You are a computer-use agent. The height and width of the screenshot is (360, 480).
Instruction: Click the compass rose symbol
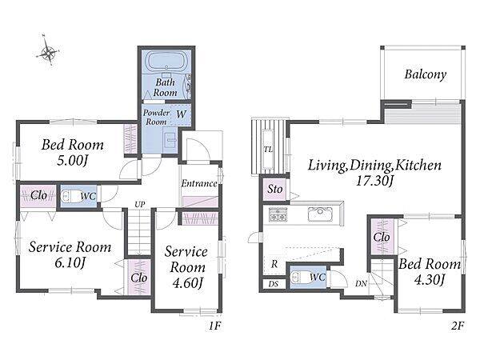coord(48,52)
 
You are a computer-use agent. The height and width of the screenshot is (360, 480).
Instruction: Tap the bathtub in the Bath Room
coord(166,62)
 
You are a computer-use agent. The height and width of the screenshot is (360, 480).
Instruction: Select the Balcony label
coord(426,74)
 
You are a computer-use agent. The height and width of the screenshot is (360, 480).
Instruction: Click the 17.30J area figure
coord(374,181)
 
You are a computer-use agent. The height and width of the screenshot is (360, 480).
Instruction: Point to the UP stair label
coord(140,204)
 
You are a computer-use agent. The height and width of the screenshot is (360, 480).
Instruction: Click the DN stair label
coord(362,284)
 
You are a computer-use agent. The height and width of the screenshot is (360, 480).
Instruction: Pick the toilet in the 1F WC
coord(70,196)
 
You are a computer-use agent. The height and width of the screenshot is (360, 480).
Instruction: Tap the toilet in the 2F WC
coord(299,278)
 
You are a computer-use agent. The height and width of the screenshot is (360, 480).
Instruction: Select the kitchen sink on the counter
coord(320,214)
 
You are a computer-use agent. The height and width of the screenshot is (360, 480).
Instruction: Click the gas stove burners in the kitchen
coord(278,214)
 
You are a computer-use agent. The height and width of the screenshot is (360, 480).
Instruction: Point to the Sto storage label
coord(275,189)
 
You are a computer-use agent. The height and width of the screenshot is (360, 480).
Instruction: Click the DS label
coord(274,284)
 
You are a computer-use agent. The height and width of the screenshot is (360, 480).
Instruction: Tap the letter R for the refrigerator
coord(274,263)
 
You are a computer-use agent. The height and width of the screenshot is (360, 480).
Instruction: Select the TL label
coord(268,150)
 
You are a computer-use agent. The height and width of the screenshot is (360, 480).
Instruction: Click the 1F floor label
coord(215,326)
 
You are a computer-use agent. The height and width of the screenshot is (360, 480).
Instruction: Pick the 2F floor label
coord(458,326)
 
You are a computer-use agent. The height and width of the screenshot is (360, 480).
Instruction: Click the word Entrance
coord(199,183)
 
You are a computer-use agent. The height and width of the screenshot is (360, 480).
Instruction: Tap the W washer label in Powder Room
coord(181,114)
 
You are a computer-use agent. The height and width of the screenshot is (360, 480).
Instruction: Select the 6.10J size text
coord(70,262)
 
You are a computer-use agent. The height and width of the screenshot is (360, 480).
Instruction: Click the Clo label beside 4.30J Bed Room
coord(382,237)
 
